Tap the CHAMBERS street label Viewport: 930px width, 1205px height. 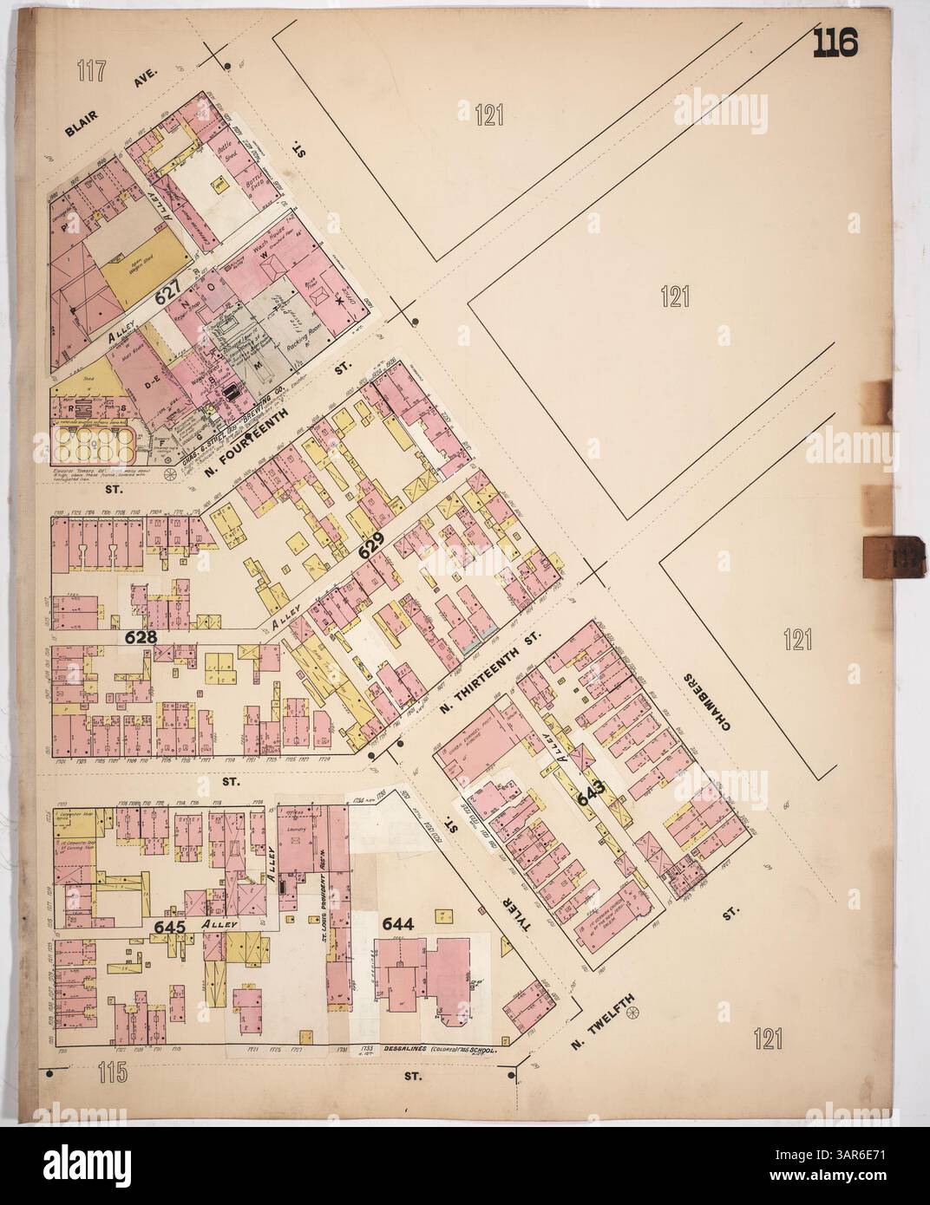click(x=710, y=702)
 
